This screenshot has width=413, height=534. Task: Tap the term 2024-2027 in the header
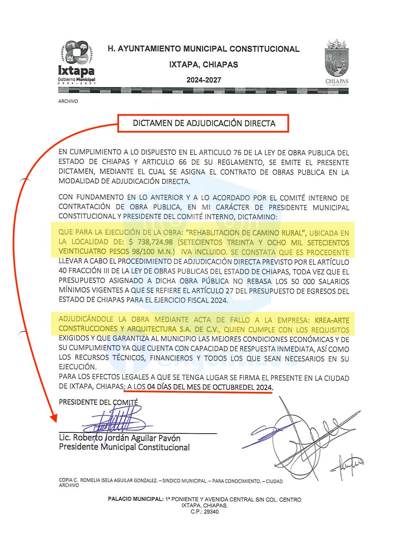204,80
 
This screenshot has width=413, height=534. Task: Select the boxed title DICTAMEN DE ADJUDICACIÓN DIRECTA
204,123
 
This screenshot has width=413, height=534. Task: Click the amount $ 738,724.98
151,242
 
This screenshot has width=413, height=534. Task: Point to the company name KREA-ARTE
332,320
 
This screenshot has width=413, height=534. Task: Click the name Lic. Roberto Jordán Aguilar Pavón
120,438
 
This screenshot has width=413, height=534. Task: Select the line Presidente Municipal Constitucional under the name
124,447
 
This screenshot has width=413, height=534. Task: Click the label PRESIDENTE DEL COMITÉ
98,402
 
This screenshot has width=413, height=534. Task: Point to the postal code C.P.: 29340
204,512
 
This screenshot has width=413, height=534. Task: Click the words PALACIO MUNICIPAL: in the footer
136,499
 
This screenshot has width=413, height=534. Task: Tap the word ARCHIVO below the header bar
68,101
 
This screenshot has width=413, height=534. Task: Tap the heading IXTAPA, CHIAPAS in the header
203,65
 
